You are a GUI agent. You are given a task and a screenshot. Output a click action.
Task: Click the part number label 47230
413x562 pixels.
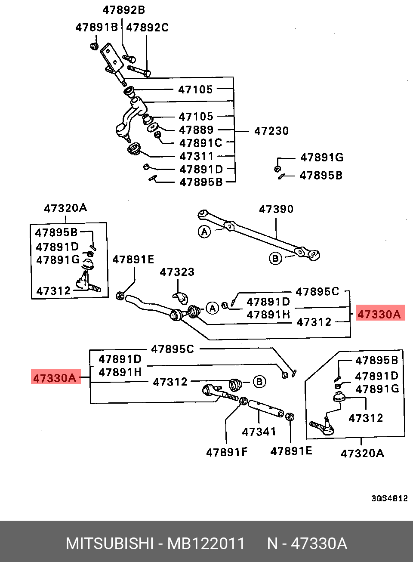[271, 131]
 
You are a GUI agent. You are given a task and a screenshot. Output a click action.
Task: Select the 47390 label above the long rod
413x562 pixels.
[276, 209]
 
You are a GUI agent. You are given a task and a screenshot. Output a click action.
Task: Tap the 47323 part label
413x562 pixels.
[177, 272]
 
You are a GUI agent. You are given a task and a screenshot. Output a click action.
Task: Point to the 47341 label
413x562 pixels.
[259, 432]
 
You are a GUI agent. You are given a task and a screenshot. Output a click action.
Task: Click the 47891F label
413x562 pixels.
[227, 452]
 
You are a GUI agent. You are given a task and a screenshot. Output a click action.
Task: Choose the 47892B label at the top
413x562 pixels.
[123, 10]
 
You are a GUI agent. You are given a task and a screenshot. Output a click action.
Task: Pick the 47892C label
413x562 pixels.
[148, 28]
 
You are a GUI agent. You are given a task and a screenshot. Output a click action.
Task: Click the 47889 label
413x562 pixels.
[196, 130]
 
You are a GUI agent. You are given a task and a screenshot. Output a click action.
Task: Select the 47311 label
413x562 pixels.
[196, 156]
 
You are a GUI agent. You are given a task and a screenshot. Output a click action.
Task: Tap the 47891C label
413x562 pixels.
[200, 143]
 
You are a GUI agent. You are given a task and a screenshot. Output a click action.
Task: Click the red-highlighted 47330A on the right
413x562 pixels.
[379, 314]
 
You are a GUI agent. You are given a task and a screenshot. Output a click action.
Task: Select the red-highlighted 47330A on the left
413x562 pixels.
[55, 378]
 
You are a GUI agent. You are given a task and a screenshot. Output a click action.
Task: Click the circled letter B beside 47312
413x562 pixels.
[259, 382]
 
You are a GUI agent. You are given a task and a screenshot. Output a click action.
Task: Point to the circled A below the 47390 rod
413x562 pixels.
[204, 232]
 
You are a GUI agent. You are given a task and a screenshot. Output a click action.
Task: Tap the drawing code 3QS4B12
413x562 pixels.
[389, 498]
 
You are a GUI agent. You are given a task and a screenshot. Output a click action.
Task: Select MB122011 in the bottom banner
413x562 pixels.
[206, 543]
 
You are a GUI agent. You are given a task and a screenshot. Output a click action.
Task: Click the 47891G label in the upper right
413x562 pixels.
[322, 157]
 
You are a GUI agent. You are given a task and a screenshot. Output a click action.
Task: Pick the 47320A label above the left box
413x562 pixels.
[65, 208]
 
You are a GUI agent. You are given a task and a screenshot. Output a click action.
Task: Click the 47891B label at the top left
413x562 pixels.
[96, 28]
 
